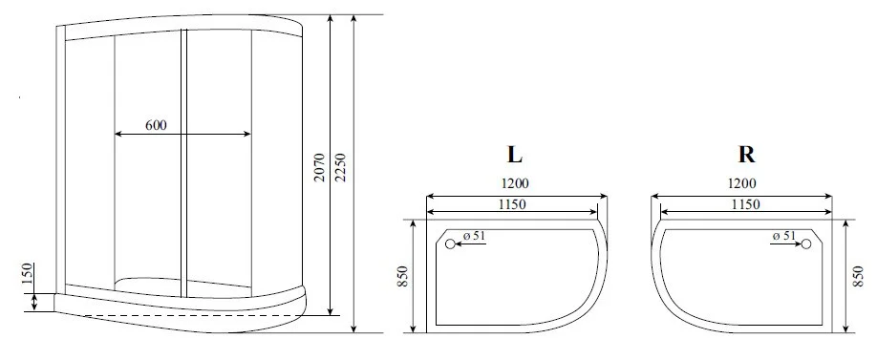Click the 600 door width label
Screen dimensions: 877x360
156,125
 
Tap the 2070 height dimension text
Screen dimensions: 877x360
319,167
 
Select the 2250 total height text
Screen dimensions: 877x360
341,167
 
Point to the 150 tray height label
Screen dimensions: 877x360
28,274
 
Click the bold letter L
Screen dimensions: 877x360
515,155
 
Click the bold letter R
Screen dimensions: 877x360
747,155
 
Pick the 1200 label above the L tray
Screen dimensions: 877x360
514,183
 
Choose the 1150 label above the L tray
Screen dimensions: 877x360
512,204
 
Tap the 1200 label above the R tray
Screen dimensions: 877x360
742,183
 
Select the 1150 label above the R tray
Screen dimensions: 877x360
745,204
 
